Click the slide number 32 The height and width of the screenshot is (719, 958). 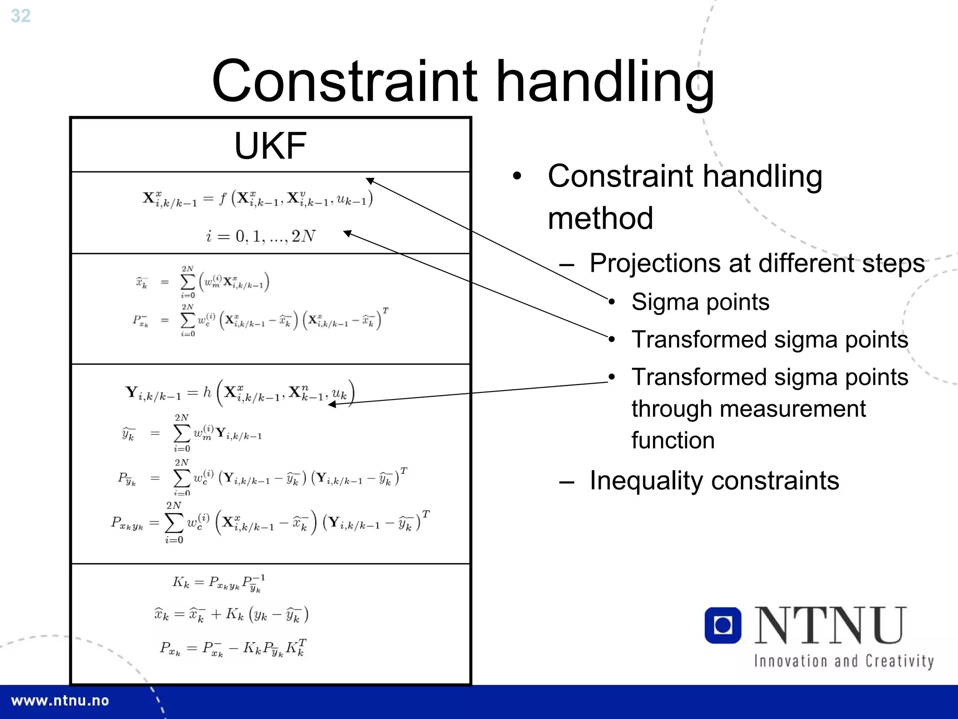[x=21, y=16]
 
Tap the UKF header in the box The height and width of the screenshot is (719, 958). [x=270, y=145]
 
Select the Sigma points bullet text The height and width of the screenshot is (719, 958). [x=700, y=302]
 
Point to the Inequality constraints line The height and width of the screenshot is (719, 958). [x=714, y=480]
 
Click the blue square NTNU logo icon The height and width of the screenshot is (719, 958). [x=723, y=625]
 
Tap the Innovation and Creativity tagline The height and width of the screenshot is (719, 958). [x=843, y=661]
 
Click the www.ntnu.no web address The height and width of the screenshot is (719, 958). [x=60, y=701]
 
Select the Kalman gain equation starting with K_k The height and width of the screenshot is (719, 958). [x=218, y=583]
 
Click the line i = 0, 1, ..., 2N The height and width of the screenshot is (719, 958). [x=261, y=236]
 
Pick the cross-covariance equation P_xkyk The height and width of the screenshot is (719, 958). [x=270, y=523]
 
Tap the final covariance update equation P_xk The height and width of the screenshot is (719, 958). [x=233, y=648]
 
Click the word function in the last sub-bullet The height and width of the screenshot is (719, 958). [x=673, y=441]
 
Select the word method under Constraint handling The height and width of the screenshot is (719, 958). [x=600, y=218]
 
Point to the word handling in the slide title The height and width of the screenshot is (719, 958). [x=604, y=81]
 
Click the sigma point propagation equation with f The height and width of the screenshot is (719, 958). [x=258, y=199]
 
